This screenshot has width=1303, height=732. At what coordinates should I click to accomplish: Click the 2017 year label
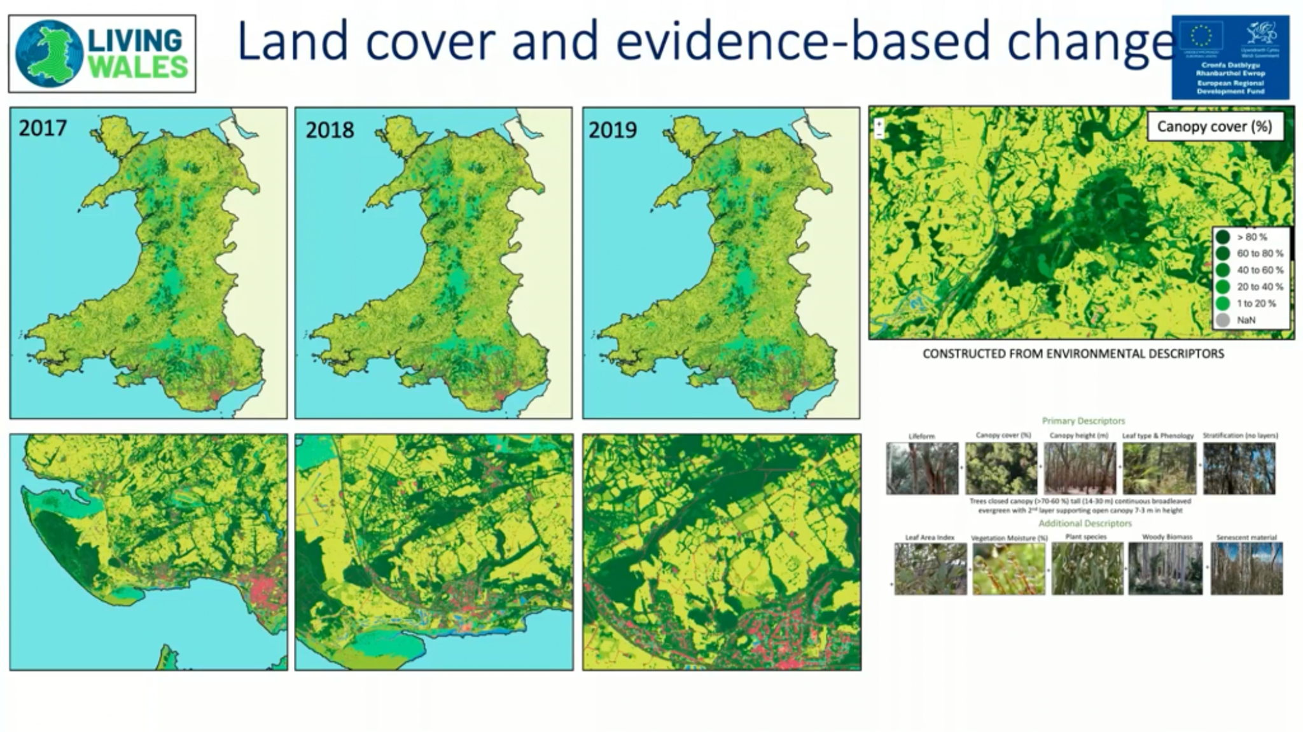pyautogui.click(x=43, y=129)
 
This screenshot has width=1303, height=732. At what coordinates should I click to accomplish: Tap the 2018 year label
pyautogui.click(x=330, y=130)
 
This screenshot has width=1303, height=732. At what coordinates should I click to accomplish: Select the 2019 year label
pyautogui.click(x=612, y=130)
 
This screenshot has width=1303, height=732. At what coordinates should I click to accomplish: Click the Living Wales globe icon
pyautogui.click(x=50, y=54)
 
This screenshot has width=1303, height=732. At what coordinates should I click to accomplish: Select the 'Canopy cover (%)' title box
pyautogui.click(x=1215, y=127)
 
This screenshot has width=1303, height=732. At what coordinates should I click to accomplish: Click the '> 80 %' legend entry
pyautogui.click(x=1251, y=237)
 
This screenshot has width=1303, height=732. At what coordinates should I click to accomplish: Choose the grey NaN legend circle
pyautogui.click(x=1222, y=320)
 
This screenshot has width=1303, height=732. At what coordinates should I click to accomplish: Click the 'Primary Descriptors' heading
pyautogui.click(x=1084, y=421)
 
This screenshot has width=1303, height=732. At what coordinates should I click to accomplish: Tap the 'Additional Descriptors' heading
pyautogui.click(x=1085, y=523)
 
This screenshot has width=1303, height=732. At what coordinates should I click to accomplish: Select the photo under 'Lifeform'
pyautogui.click(x=922, y=468)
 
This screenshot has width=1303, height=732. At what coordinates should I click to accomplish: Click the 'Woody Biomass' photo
pyautogui.click(x=1166, y=568)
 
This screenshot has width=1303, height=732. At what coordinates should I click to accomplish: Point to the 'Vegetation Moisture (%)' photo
pyautogui.click(x=1009, y=568)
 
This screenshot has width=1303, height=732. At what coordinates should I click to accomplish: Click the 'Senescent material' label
pyautogui.click(x=1246, y=537)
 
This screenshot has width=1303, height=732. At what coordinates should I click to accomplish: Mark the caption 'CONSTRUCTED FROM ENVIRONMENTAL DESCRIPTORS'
pyautogui.click(x=1073, y=354)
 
